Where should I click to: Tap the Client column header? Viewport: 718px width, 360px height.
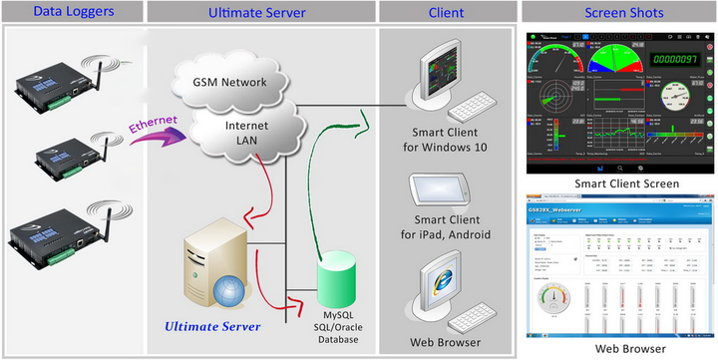tap(445, 12)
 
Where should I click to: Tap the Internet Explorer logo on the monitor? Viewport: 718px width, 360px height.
tap(439, 277)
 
